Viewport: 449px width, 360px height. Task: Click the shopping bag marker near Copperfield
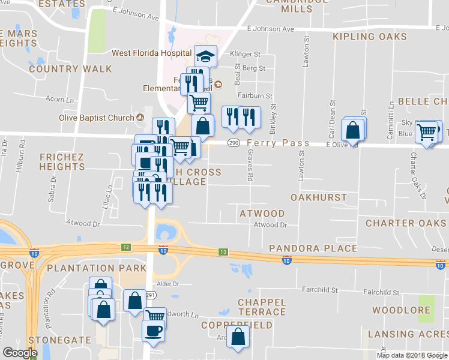[238, 337]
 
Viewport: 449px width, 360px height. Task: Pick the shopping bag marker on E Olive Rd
[353, 130]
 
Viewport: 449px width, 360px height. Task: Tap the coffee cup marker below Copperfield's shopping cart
[153, 330]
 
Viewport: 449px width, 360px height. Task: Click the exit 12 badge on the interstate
[125, 247]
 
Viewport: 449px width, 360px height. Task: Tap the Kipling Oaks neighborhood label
[369, 37]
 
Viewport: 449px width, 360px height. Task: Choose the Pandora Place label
[313, 248]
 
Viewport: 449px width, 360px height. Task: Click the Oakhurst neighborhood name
[319, 197]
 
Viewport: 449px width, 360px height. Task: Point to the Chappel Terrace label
[262, 307]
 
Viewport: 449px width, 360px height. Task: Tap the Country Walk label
[70, 69]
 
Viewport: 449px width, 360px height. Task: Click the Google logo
[20, 353]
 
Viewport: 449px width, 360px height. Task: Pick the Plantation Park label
[97, 268]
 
